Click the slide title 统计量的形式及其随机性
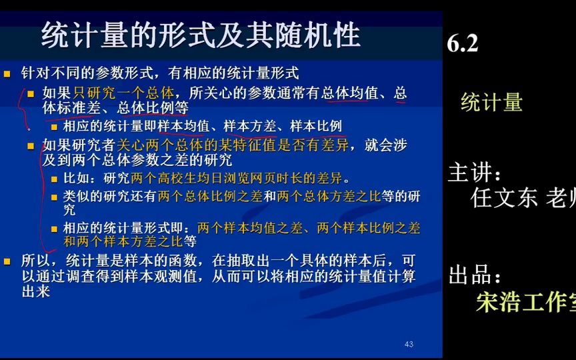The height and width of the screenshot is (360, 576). pos(200,35)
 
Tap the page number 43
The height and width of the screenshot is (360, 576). pos(409,344)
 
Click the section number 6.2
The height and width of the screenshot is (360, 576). pos(463,43)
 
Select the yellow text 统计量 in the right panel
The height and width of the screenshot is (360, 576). pos(491,102)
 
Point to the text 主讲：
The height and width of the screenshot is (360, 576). pos(475,174)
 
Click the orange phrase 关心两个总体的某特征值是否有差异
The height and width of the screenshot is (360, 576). pos(227,145)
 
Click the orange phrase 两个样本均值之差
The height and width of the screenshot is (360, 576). pos(245,227)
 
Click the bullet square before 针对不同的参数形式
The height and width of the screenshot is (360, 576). pos(7,74)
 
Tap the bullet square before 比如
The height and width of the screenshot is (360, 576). pos(55,179)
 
